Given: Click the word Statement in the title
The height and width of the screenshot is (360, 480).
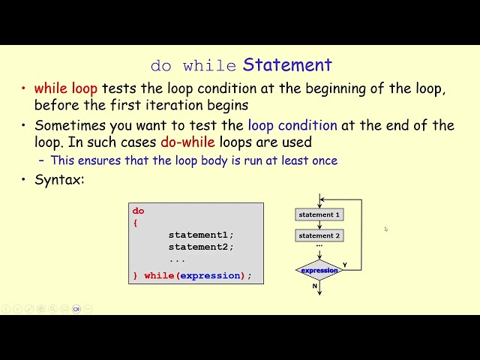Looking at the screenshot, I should click(287, 65).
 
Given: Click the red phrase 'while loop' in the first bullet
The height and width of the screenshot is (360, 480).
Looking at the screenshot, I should click(66, 88).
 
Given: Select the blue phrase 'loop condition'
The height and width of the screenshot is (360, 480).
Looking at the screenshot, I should click(292, 125).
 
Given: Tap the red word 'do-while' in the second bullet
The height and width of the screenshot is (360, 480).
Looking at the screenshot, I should click(187, 142).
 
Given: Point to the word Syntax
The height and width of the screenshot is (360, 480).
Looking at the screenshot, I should click(59, 180).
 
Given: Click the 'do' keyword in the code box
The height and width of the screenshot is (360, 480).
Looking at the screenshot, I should click(138, 211).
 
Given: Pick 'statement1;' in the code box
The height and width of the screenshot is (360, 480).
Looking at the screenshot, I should click(201, 235).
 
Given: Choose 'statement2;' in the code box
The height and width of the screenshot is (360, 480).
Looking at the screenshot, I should click(201, 247).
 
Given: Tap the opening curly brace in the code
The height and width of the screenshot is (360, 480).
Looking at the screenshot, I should click(136, 223).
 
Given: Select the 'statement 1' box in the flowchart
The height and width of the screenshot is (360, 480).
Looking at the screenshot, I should click(319, 214).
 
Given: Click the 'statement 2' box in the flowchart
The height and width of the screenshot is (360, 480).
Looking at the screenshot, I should click(319, 235).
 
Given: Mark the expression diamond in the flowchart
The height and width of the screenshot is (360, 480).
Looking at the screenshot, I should click(319, 270).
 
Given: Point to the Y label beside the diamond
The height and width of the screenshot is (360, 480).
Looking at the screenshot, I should click(345, 265).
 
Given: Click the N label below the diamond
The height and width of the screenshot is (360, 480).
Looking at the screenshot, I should click(315, 286).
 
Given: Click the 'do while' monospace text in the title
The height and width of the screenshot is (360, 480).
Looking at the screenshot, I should click(193, 66).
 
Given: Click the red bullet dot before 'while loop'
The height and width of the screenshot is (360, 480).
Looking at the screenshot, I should click(24, 89).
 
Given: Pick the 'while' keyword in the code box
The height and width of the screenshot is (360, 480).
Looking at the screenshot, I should click(159, 276).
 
